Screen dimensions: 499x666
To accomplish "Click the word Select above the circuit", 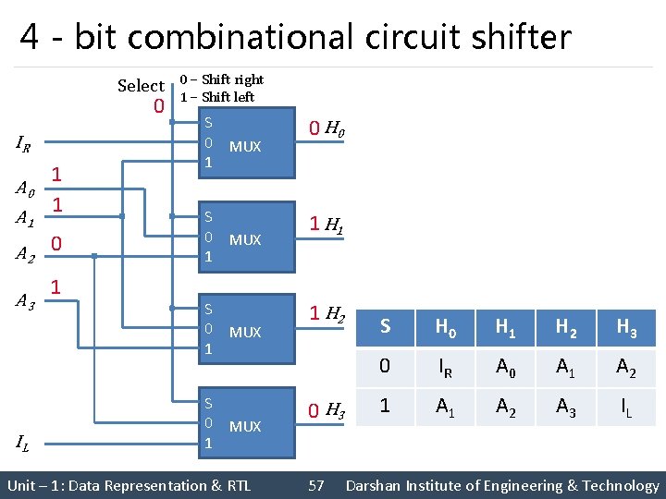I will (141, 86).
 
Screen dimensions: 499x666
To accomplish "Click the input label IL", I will (24, 444).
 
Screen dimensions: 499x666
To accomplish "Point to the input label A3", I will (26, 300).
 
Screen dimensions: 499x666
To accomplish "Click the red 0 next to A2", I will (56, 243).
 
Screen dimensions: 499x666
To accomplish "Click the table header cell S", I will (385, 326).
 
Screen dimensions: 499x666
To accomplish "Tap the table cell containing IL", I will (626, 407).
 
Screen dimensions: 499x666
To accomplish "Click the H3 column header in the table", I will (626, 326).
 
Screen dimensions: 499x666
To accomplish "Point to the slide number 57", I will (315, 485).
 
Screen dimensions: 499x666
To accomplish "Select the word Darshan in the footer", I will (376, 485).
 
